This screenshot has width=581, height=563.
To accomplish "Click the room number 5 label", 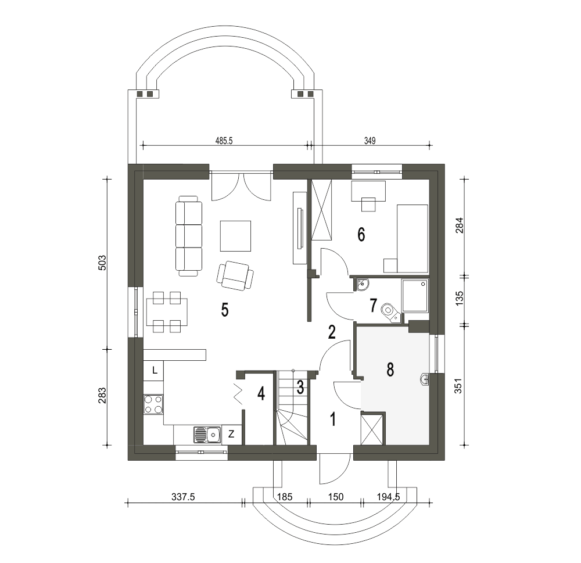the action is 224,310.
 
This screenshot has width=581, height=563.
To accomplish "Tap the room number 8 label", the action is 390,370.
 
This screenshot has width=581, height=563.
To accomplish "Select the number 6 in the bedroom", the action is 361,234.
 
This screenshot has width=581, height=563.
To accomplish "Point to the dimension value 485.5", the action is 224,141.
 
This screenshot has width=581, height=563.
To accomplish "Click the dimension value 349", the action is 370,141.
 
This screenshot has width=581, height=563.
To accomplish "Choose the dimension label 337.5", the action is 183,497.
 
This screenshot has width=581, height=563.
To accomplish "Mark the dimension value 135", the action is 459,299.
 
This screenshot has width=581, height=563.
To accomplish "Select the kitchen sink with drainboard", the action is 207,435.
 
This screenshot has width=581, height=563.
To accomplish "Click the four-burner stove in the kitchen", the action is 153,404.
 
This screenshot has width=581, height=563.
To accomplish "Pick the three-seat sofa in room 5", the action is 189,236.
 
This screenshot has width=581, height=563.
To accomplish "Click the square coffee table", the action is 235,236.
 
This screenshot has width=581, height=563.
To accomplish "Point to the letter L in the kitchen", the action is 155,370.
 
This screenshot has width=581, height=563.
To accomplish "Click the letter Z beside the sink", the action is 231,434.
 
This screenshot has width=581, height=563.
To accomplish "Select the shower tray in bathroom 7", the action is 415,296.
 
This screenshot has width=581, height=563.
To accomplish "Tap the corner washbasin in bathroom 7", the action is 363,285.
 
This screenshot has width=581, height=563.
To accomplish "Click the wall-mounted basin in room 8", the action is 425,379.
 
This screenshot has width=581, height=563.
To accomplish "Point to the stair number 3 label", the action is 300,388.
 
